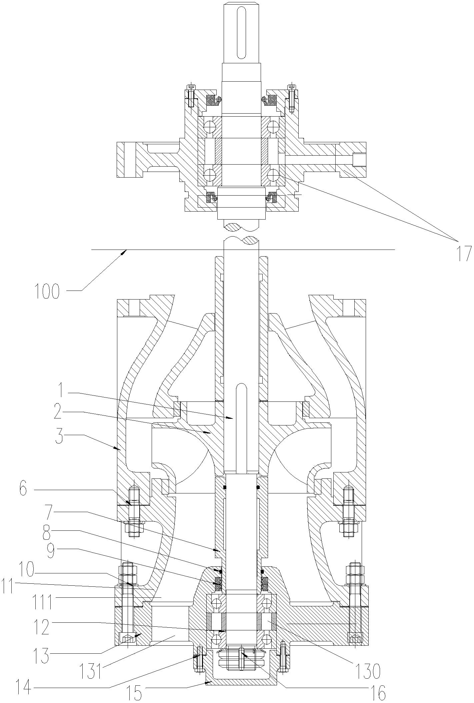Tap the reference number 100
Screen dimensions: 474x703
(x=47, y=291)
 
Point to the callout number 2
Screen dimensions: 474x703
(x=58, y=412)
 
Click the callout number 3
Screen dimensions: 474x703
(x=59, y=435)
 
